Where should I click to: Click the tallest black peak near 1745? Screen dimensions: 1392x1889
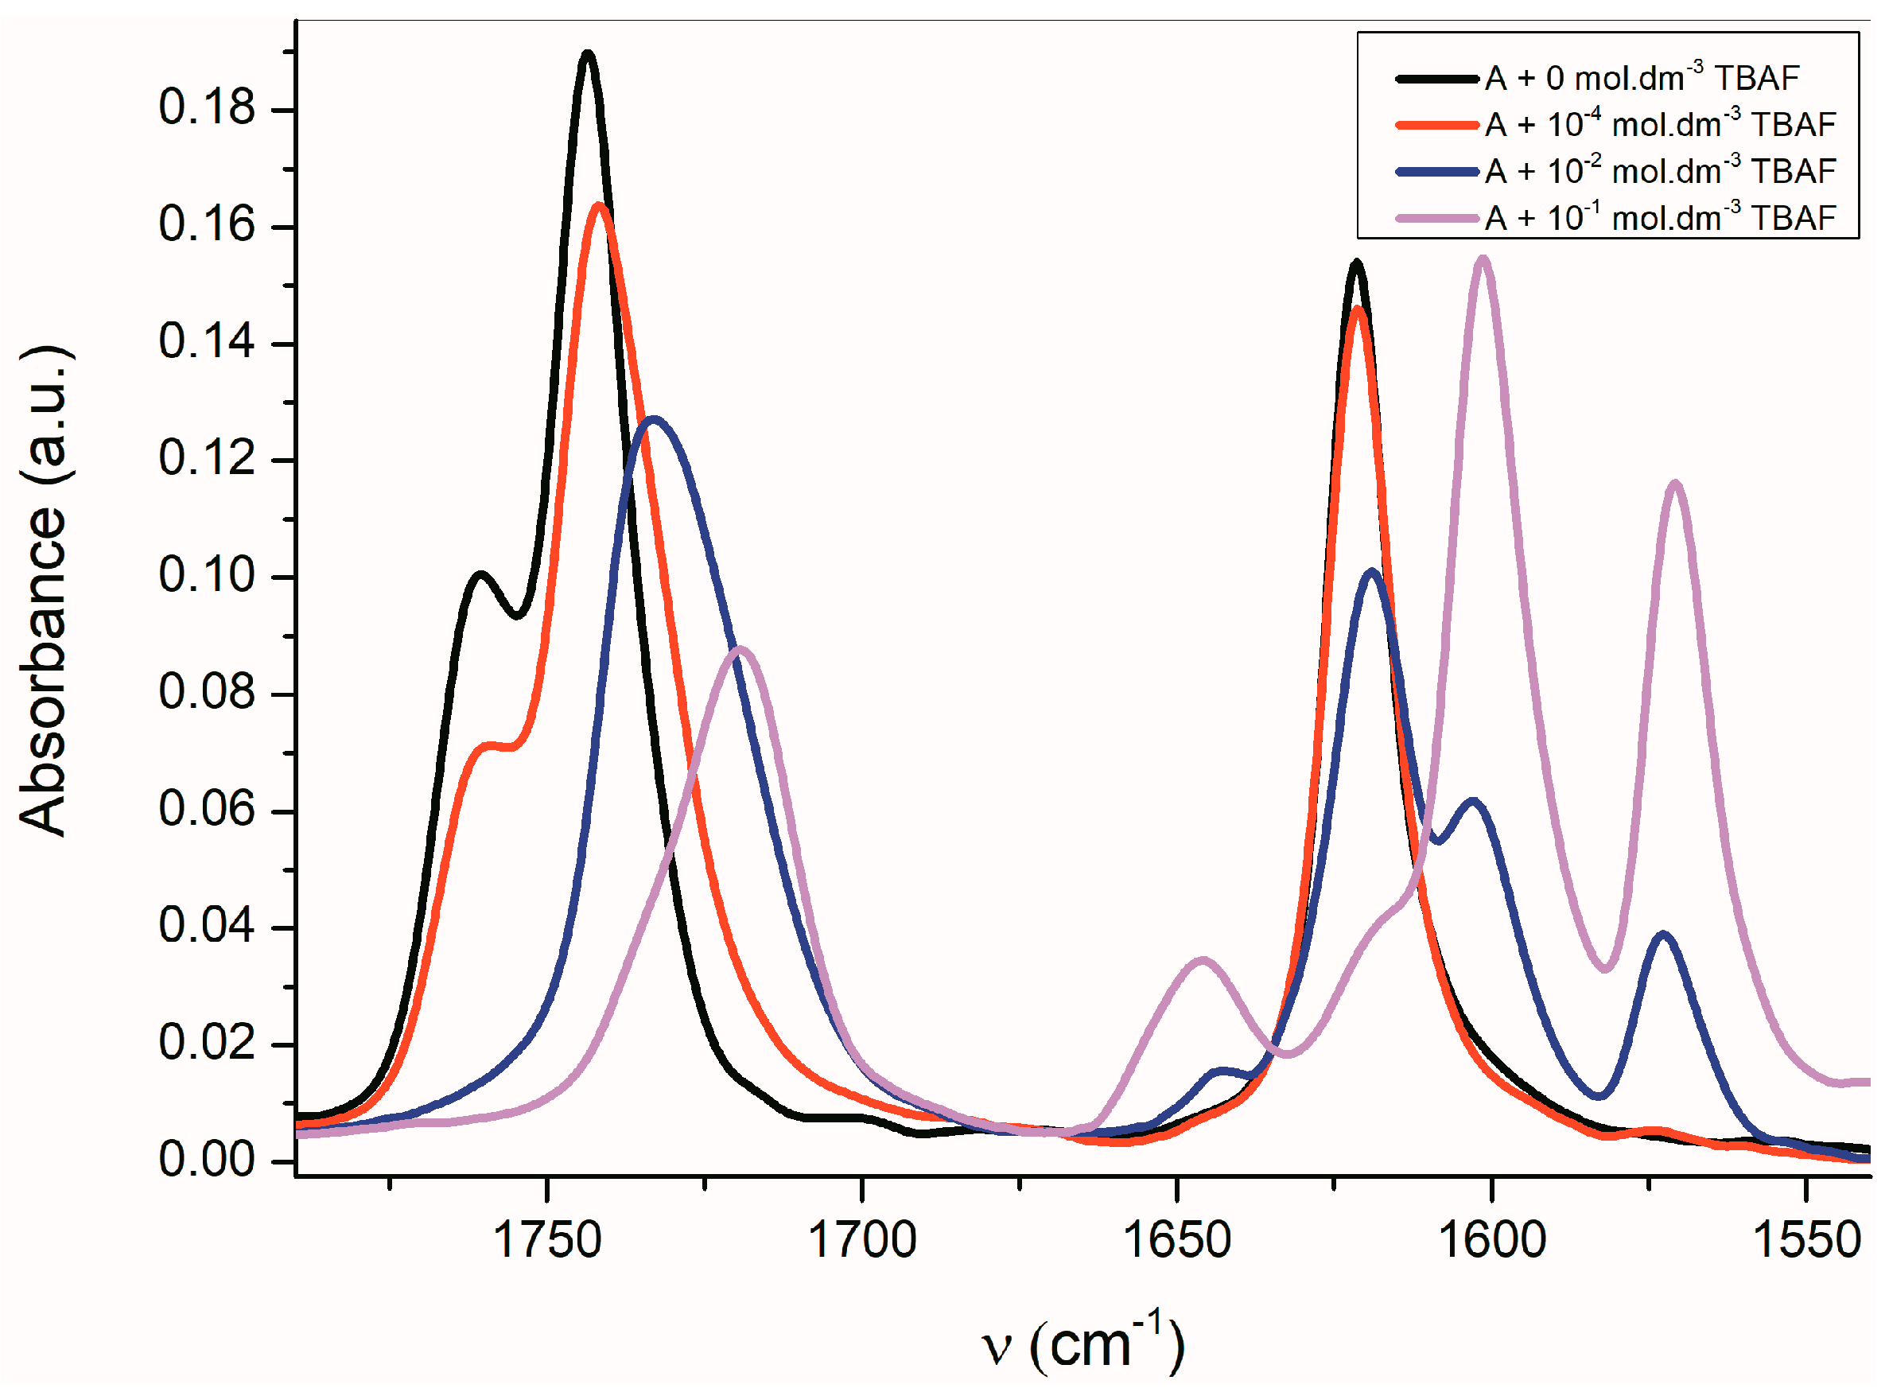(588, 55)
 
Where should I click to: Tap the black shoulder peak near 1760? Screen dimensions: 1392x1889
(480, 576)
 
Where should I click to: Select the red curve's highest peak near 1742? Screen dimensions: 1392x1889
(599, 205)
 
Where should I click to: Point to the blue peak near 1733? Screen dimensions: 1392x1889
(654, 420)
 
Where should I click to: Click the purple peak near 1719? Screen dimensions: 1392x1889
(740, 650)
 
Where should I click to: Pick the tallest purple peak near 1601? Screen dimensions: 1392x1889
(1482, 259)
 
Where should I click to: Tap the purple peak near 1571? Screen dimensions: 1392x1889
(1675, 484)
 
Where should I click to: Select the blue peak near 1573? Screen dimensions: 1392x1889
(1662, 935)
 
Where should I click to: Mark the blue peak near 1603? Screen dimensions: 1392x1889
(1472, 801)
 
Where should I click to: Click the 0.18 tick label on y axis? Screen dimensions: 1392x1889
(207, 109)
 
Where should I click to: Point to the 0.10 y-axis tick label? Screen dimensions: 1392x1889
(207, 577)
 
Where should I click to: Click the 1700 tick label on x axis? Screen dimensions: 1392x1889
(862, 1240)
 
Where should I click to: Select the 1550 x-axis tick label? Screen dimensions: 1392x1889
(1806, 1240)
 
